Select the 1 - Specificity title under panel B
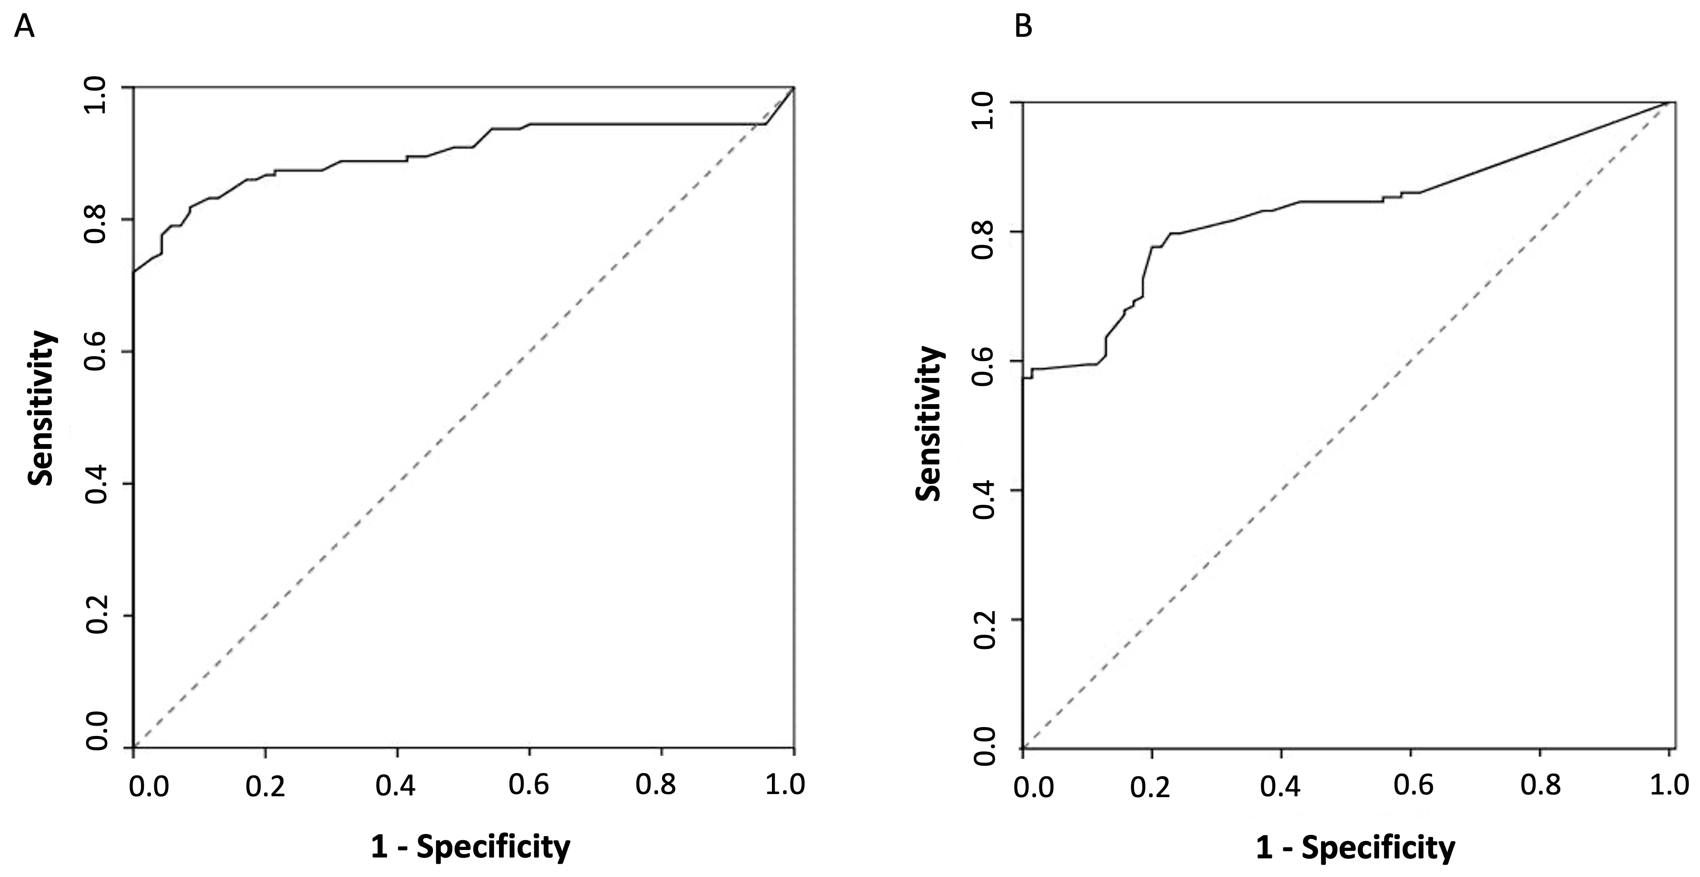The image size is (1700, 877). pyautogui.click(x=1355, y=847)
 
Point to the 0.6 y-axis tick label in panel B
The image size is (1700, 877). pyautogui.click(x=984, y=361)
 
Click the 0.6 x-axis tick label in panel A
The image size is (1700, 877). pyautogui.click(x=529, y=785)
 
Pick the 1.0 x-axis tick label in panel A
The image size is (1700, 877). pyautogui.click(x=785, y=785)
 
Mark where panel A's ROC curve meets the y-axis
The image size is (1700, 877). pyautogui.click(x=134, y=271)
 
